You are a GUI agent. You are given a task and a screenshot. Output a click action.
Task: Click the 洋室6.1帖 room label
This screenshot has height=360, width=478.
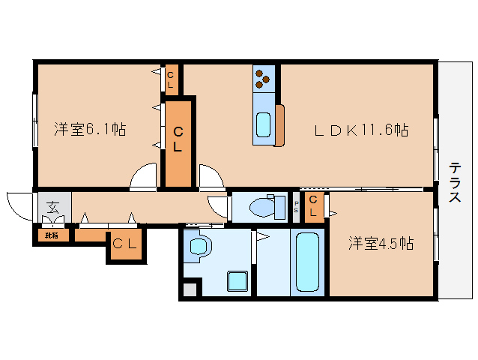point(89,129)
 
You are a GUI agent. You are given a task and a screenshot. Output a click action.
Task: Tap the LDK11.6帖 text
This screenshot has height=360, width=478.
point(360,130)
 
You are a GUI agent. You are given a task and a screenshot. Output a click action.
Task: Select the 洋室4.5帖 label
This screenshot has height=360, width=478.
point(381,243)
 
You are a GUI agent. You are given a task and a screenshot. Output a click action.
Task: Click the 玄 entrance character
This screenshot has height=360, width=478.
point(52,208)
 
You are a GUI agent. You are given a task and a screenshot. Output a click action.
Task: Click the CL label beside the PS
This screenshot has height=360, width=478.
point(314,205)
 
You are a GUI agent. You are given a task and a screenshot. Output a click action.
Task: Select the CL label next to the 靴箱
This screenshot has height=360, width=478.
point(124,243)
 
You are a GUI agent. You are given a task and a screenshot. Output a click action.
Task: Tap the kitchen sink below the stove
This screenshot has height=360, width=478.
point(264,124)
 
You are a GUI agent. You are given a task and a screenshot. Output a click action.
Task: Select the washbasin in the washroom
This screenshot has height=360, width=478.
point(199,246)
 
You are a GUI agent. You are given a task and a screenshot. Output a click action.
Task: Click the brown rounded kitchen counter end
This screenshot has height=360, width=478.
point(279,125)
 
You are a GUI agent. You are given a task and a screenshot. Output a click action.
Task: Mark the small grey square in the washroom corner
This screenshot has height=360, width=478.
point(190,289)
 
